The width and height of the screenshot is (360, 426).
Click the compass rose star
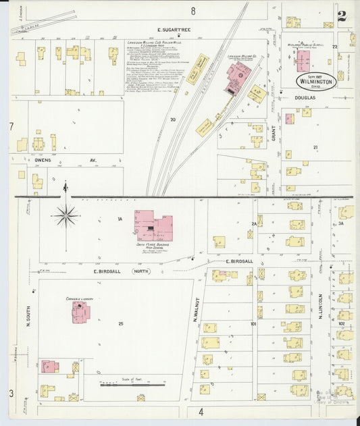click(x=66, y=216)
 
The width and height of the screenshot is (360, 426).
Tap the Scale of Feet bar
click(x=132, y=385)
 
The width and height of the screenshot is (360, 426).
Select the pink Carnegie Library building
click(x=80, y=311)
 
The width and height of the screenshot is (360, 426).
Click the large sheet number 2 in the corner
click(x=342, y=16)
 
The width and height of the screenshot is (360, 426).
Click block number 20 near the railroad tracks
click(x=173, y=119)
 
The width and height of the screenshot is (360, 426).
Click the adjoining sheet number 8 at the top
click(x=192, y=10)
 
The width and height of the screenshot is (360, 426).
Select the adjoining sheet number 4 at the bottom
click(x=201, y=410)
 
